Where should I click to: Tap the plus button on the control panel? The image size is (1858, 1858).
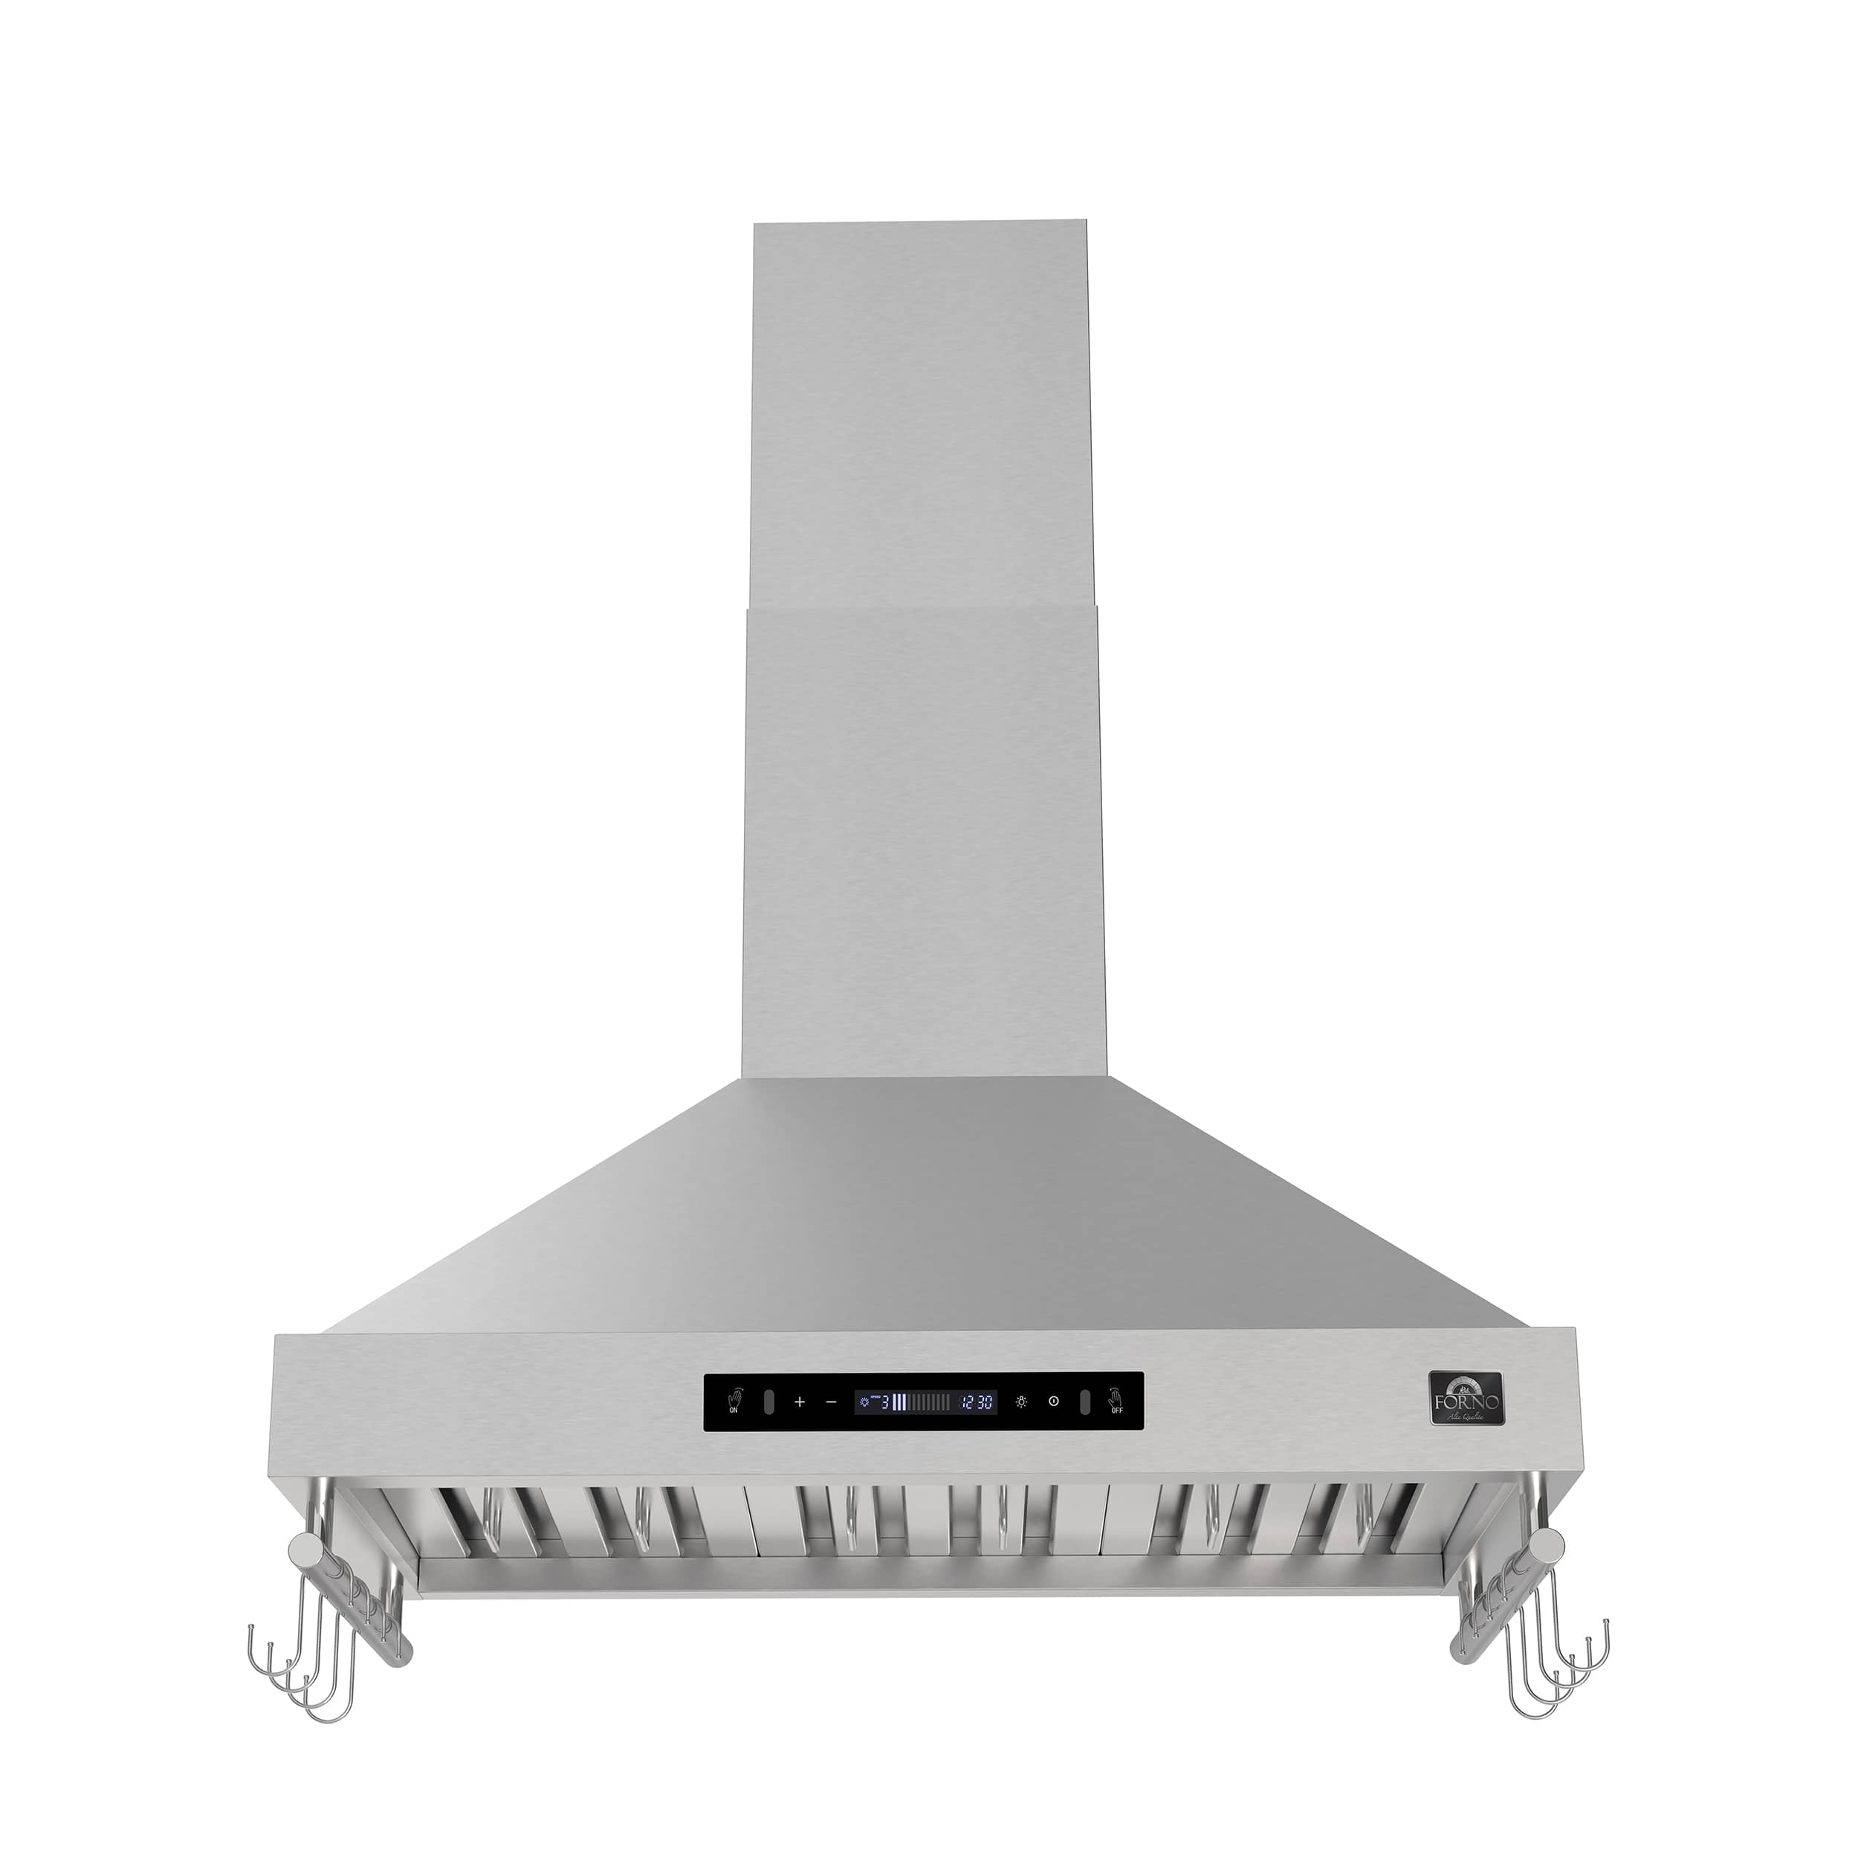tap(799, 1429)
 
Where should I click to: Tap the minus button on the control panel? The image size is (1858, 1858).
tap(832, 1429)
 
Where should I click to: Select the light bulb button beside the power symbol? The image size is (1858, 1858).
tap(1020, 1429)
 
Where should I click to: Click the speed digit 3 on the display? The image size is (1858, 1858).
tap(884, 1429)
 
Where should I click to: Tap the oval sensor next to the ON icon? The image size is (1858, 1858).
tap(768, 1429)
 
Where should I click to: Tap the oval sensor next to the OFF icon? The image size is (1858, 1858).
tap(1084, 1429)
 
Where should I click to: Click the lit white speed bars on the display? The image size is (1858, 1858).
tap(899, 1429)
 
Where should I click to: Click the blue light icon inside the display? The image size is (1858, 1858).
tap(864, 1429)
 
